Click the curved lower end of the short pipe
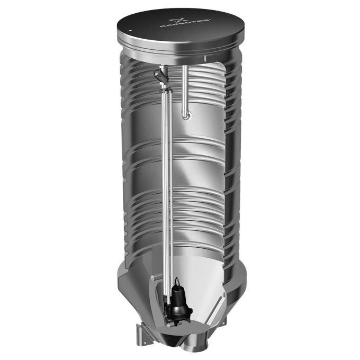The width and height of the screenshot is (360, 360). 185,116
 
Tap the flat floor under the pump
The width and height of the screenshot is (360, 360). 183,326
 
